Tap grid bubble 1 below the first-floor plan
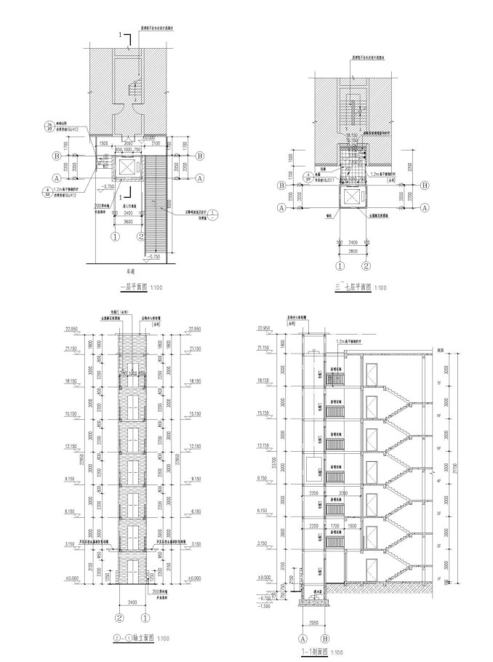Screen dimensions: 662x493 point(115,236)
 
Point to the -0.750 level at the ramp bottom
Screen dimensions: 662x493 point(155,257)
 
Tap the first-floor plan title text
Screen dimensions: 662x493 point(133,288)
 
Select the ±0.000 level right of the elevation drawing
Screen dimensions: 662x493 point(193,578)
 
